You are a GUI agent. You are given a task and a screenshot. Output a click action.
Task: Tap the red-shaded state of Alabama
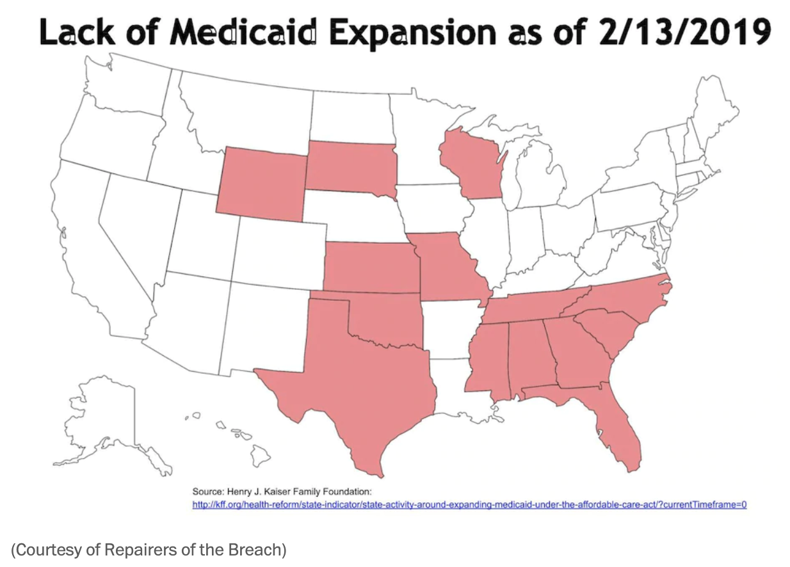pyautogui.click(x=529, y=355)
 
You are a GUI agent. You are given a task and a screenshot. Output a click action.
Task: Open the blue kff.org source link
pyautogui.click(x=469, y=505)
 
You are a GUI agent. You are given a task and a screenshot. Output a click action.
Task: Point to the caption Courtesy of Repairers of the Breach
pyautogui.click(x=148, y=549)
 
